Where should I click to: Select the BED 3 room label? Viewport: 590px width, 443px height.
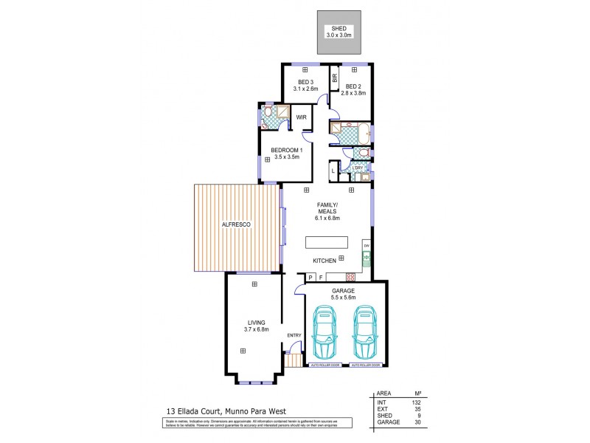point(306,81)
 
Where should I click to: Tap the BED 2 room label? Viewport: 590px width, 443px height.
point(354,86)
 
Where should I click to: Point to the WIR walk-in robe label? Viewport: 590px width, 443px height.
point(302,117)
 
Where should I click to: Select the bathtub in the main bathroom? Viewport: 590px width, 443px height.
point(361,134)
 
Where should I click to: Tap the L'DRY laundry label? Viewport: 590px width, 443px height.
point(358,168)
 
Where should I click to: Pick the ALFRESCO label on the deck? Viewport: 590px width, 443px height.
point(235,224)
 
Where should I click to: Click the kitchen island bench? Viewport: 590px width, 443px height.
point(327,243)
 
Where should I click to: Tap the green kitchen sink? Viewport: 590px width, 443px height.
point(365,259)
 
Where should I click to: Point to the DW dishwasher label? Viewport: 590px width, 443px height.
point(366,244)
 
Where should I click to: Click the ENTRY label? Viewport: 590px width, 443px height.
point(294,336)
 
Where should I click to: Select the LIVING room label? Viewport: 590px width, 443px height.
point(256,326)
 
